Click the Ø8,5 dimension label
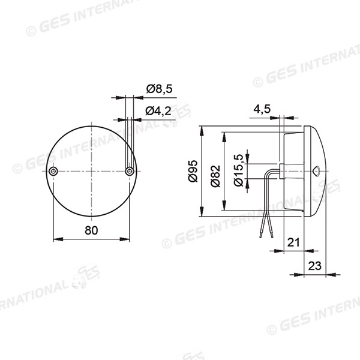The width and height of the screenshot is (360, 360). pyautogui.click(x=159, y=89)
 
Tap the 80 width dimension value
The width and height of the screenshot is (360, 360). pyautogui.click(x=91, y=230)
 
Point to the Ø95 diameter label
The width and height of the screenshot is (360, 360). pyautogui.click(x=193, y=172)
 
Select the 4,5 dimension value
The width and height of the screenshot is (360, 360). pyautogui.click(x=261, y=110)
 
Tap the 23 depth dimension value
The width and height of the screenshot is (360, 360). pyautogui.click(x=314, y=266)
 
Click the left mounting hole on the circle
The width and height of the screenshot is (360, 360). pyautogui.click(x=54, y=172)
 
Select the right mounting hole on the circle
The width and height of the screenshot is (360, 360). pyautogui.click(x=128, y=172)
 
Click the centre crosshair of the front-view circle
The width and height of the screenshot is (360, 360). pyautogui.click(x=91, y=172)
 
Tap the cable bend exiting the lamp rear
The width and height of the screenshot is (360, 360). pyautogui.click(x=271, y=174)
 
